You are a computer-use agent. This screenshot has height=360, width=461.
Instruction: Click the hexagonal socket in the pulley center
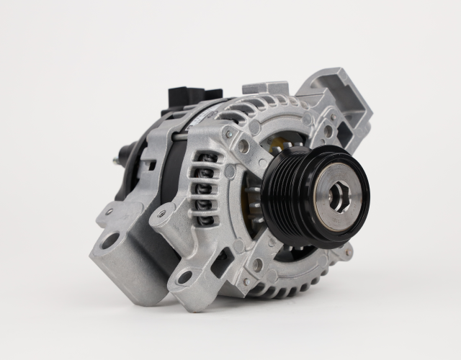(x=337, y=196)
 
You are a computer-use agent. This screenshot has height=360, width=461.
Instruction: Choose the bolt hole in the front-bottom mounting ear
(x=184, y=277)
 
